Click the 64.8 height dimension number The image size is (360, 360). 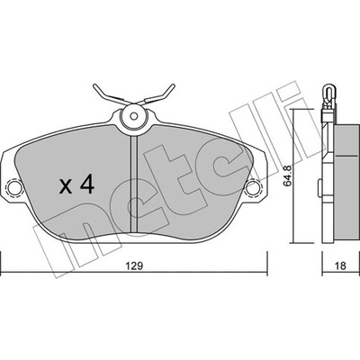tap(287, 179)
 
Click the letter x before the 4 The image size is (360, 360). tap(66, 186)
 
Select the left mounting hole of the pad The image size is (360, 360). tap(14, 188)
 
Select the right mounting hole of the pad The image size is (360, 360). tap(253, 188)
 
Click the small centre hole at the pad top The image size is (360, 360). tap(134, 116)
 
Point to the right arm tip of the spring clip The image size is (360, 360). tap(173, 85)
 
